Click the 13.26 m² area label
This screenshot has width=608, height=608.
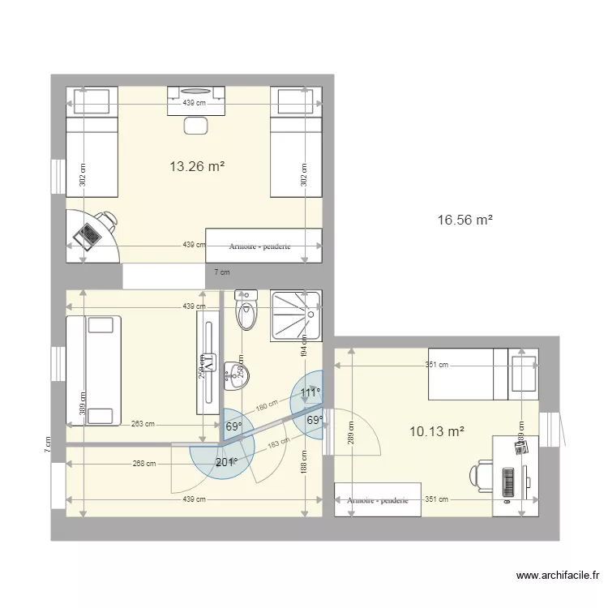[196, 167]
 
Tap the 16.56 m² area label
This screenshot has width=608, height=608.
[465, 220]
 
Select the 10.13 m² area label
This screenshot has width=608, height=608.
[437, 431]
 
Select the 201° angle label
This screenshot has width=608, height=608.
[226, 462]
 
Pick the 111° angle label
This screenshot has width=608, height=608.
[310, 393]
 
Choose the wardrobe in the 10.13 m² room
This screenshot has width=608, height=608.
[379, 500]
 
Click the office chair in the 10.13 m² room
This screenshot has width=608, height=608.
[480, 475]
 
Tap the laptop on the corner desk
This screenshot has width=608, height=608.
[87, 234]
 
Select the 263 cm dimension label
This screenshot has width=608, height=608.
[143, 423]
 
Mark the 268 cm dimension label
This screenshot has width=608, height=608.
[144, 464]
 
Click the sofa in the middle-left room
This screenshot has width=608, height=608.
[93, 370]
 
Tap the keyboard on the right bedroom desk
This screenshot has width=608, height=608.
[508, 483]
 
